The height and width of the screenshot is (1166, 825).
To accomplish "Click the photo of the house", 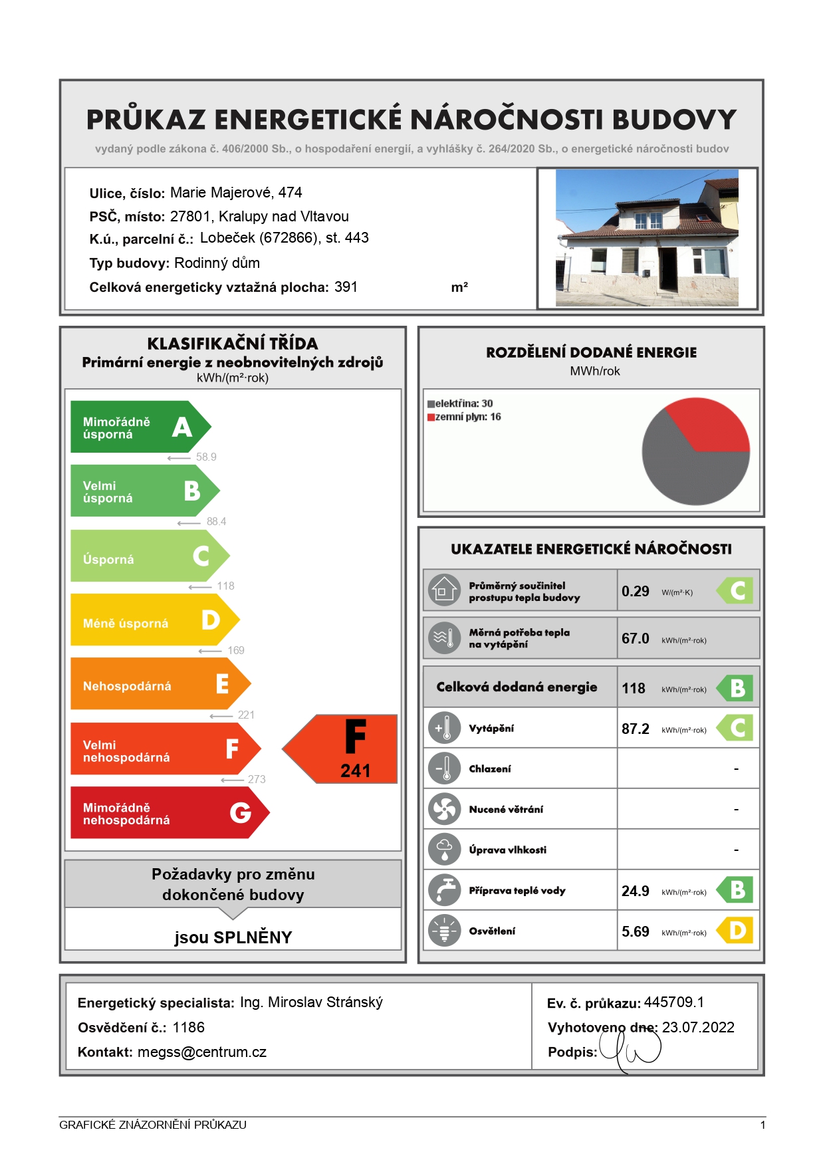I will pos(647,238).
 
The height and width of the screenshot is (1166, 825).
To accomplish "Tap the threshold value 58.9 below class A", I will pos(206,457).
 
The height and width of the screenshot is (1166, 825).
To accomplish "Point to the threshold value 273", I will pos(257,779).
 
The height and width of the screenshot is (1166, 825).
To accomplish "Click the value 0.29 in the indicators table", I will pos(636,591).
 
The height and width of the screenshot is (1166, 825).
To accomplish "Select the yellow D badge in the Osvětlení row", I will pos(736,931).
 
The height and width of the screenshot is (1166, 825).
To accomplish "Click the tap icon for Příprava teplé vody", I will pos(444,890).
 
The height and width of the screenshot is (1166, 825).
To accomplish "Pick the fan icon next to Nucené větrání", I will pos(444,809).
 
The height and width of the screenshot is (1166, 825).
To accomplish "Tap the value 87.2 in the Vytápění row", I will pos(636,729).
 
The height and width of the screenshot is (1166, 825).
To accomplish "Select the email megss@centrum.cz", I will pos(202,1052).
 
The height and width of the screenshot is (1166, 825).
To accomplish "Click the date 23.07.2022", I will pos(698,1027).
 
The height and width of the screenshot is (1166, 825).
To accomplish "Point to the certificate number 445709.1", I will pos(674,1002).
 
